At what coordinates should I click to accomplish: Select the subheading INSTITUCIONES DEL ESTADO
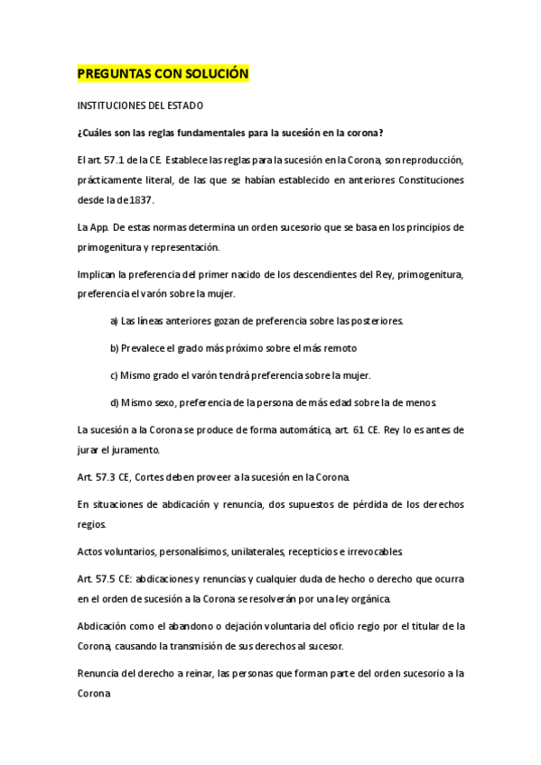[x=140, y=106]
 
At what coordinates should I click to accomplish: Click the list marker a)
[x=115, y=320]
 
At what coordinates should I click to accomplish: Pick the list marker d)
[x=115, y=401]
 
